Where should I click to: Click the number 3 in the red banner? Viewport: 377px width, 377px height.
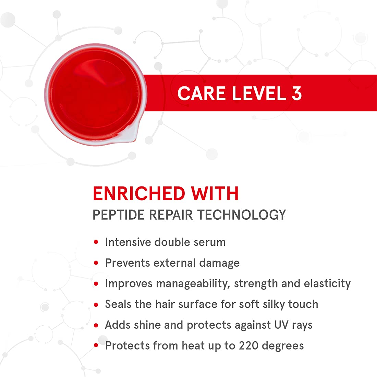[297, 93]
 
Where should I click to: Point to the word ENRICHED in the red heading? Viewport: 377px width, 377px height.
[139, 193]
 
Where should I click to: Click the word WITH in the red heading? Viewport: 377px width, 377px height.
[215, 193]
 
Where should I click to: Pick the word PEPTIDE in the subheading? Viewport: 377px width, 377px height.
[118, 215]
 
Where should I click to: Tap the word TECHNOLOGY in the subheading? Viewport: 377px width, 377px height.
[242, 215]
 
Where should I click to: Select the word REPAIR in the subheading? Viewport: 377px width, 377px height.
[171, 215]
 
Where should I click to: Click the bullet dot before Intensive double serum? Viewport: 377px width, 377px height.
[96, 242]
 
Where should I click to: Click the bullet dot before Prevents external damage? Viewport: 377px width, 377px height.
[96, 263]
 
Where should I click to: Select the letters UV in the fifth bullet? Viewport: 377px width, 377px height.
[281, 325]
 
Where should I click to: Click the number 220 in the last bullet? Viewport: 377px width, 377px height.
[248, 346]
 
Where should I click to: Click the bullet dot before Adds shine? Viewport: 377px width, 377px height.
[96, 325]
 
